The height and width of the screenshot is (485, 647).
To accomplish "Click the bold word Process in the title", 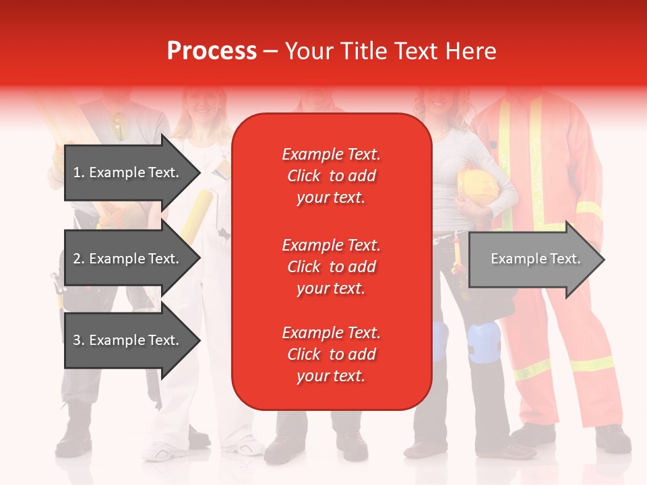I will [212, 51].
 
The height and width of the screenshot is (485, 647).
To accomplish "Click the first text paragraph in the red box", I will [331, 176].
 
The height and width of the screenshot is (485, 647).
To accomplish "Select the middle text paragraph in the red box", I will [331, 267].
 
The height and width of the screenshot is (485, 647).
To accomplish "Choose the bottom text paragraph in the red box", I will [331, 354].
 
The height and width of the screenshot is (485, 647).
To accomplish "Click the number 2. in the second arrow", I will [79, 259].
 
